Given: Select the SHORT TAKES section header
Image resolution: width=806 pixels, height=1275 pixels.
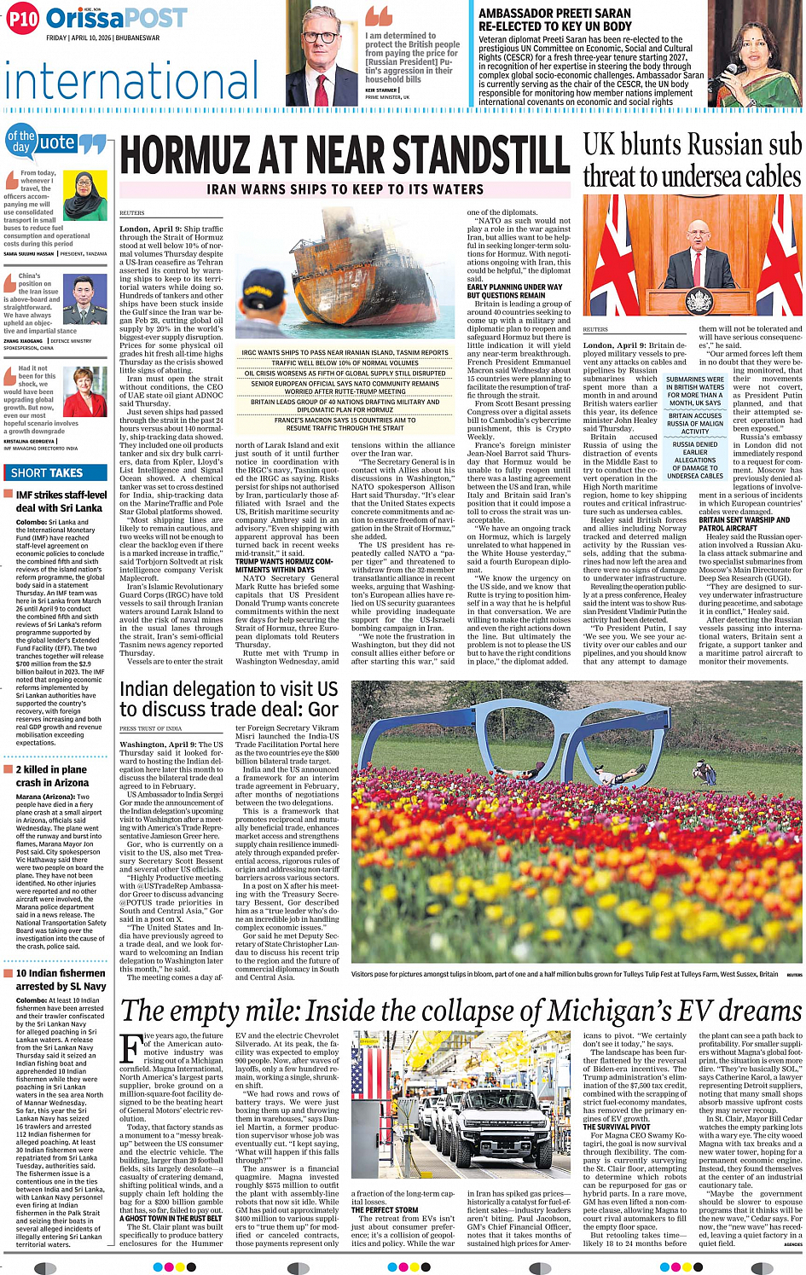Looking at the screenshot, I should (x=48, y=472).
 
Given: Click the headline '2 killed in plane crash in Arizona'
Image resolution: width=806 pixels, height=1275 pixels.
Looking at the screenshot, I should (x=51, y=775).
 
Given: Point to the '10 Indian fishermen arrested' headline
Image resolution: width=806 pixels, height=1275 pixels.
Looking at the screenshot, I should (x=61, y=979).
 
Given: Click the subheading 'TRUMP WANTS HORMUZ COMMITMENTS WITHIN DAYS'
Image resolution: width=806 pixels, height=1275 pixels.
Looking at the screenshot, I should (x=284, y=565).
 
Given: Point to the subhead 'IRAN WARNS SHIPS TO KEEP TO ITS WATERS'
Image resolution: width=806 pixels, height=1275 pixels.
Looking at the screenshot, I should (x=345, y=189).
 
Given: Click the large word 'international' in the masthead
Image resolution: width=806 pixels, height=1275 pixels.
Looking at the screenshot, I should (x=130, y=82).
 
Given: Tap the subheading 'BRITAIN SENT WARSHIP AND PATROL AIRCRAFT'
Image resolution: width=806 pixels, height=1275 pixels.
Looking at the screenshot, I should (x=744, y=524).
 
